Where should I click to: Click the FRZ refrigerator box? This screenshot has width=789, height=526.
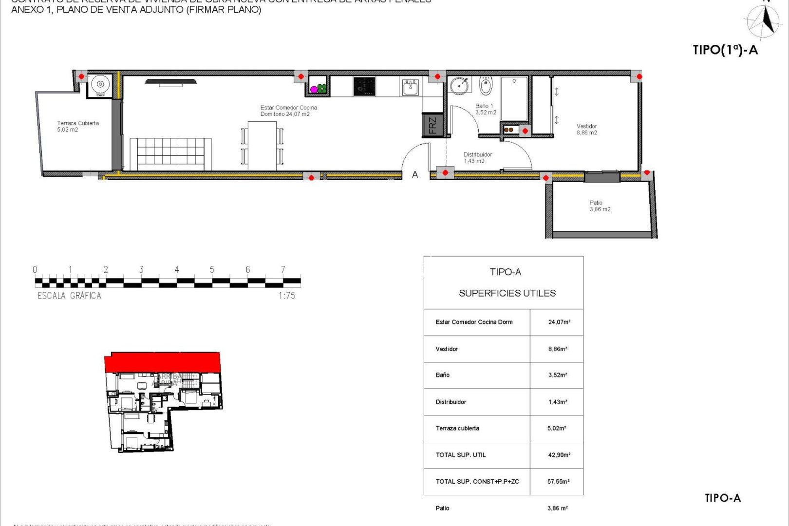pyautogui.click(x=432, y=125)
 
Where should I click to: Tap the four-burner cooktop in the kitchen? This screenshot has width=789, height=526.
pyautogui.click(x=364, y=87)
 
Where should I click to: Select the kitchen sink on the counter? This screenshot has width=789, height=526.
pyautogui.click(x=411, y=88)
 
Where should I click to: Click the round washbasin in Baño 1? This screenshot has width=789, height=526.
pyautogui.click(x=459, y=86)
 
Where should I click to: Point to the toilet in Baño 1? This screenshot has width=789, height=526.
pyautogui.click(x=486, y=86)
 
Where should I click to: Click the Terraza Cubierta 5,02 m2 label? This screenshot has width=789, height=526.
pyautogui.click(x=77, y=126)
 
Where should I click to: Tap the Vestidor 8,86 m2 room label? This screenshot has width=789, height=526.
pyautogui.click(x=586, y=129)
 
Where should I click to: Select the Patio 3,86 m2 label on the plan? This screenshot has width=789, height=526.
pyautogui.click(x=599, y=206)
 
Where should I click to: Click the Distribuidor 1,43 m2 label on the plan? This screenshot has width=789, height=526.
pyautogui.click(x=477, y=158)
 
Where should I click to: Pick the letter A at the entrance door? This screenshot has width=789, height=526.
pyautogui.click(x=415, y=174)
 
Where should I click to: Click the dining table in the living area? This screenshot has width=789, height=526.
pyautogui.click(x=262, y=145)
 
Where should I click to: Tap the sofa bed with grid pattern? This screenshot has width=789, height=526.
pyautogui.click(x=170, y=154)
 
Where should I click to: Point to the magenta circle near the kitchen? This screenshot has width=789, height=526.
pyautogui.click(x=314, y=90)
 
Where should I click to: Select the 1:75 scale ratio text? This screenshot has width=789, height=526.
pyautogui.click(x=287, y=296)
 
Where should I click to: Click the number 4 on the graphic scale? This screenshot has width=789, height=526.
pyautogui.click(x=177, y=269)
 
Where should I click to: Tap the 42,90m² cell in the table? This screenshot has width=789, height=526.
pyautogui.click(x=559, y=455)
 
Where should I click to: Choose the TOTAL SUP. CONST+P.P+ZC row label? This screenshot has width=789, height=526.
pyautogui.click(x=477, y=482)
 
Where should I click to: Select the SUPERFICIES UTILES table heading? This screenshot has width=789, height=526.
pyautogui.click(x=507, y=293)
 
